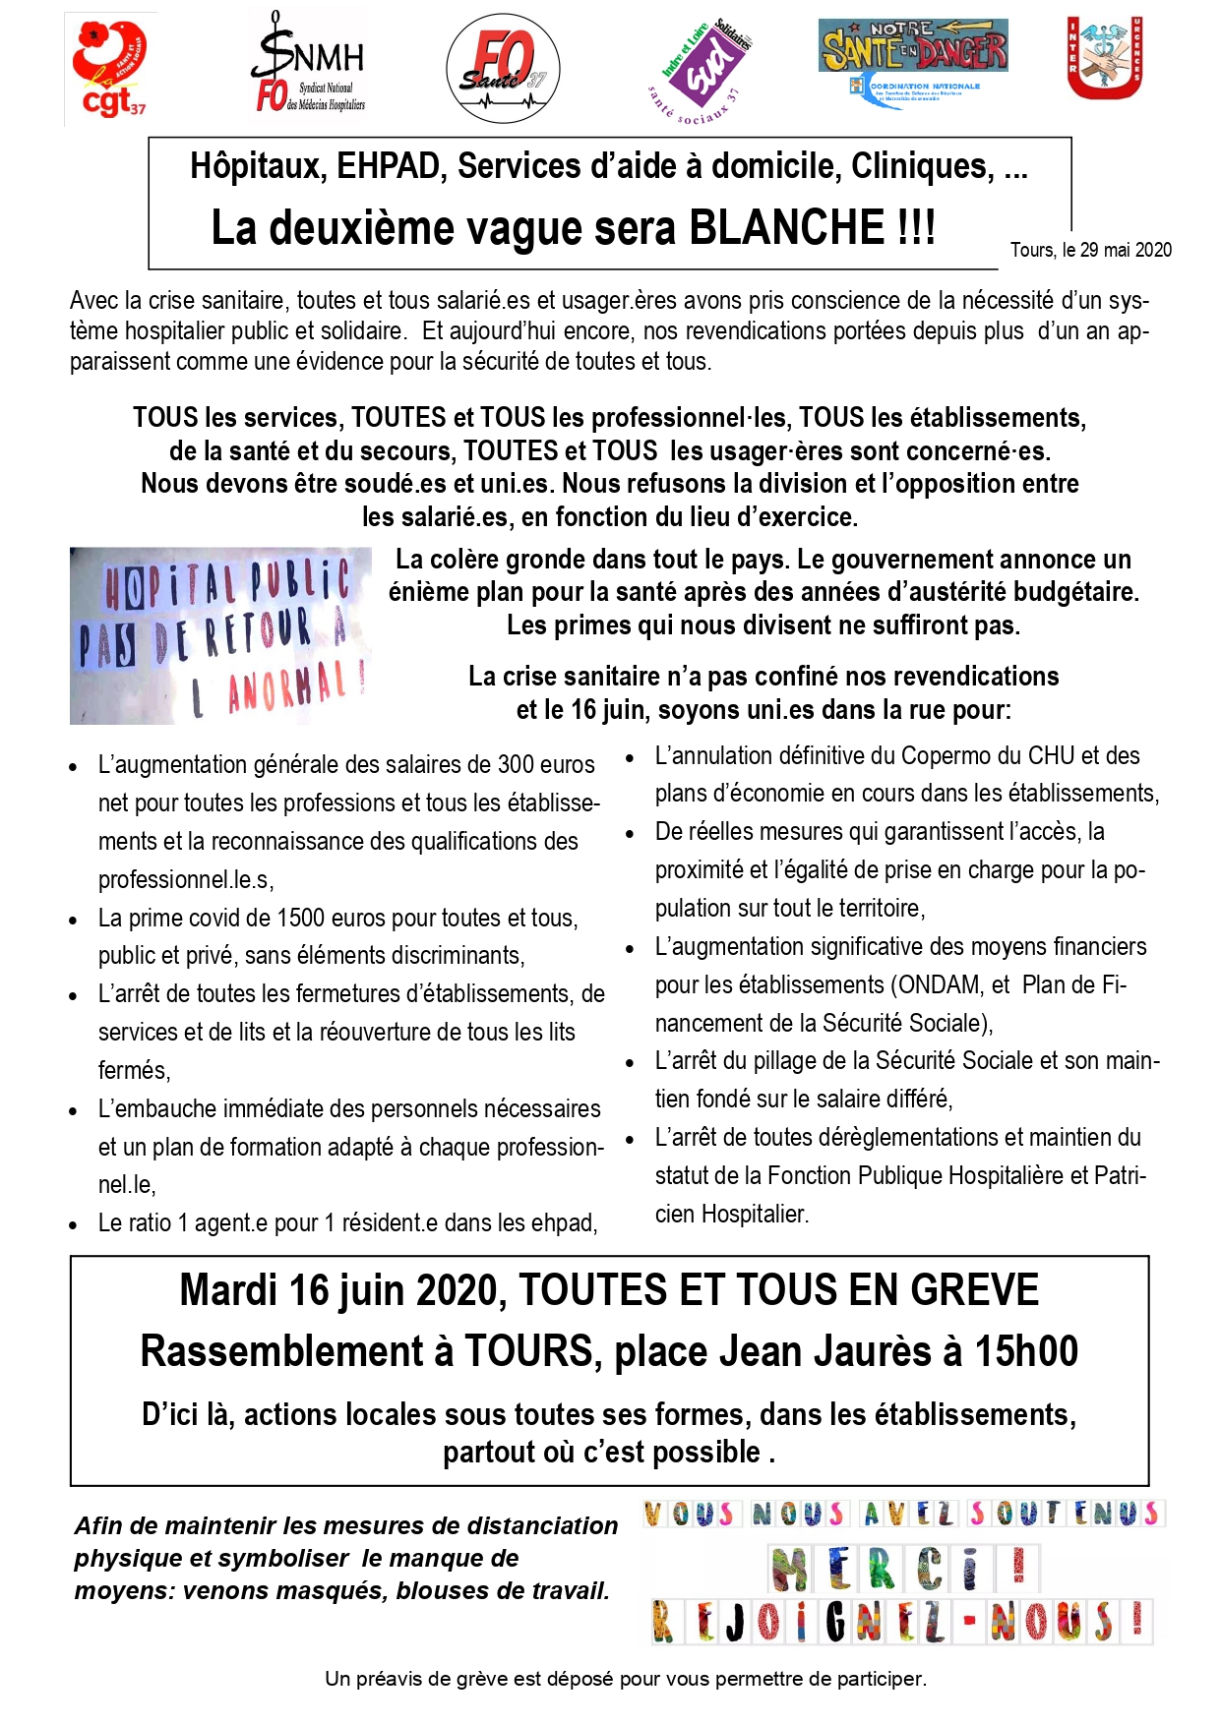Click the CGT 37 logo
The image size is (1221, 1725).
point(109,69)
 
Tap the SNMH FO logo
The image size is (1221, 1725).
point(308,67)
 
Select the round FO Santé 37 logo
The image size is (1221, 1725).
point(503,69)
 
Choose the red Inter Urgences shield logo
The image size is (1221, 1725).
point(1104,57)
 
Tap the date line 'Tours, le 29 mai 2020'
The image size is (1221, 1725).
point(1090,250)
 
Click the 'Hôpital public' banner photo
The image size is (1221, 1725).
point(219,635)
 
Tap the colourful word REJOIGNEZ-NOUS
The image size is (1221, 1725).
point(900,1623)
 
